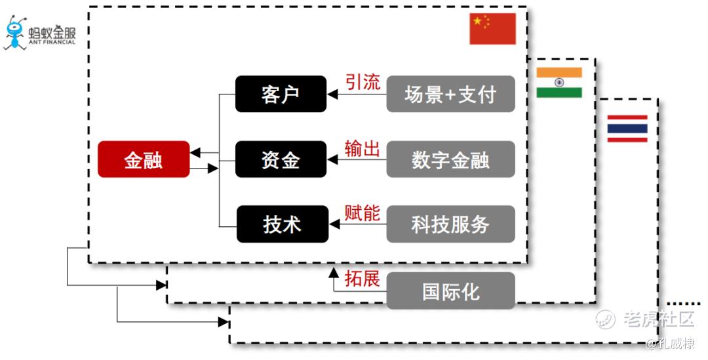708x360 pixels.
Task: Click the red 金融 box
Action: pyautogui.click(x=144, y=159)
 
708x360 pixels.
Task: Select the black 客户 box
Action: pyautogui.click(x=281, y=94)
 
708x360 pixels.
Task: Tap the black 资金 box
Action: pyautogui.click(x=281, y=159)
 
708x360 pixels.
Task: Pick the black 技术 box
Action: pyautogui.click(x=282, y=224)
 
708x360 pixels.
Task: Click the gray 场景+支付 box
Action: pyautogui.click(x=450, y=94)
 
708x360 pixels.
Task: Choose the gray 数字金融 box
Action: pyautogui.click(x=450, y=159)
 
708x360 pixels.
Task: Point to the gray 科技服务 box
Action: pyautogui.click(x=450, y=224)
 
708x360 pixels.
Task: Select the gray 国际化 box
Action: pyautogui.click(x=450, y=290)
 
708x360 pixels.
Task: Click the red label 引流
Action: pyautogui.click(x=363, y=82)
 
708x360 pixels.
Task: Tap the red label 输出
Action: pyautogui.click(x=363, y=148)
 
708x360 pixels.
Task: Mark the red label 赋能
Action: pyautogui.click(x=363, y=213)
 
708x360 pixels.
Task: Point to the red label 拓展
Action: pyautogui.click(x=363, y=278)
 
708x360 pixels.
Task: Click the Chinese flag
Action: pyautogui.click(x=492, y=29)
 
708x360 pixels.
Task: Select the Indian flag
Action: pyautogui.click(x=559, y=82)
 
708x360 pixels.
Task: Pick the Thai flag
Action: pyautogui.click(x=627, y=129)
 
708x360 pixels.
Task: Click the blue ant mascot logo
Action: pyautogui.click(x=15, y=33)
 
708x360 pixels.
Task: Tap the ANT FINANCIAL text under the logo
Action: pyautogui.click(x=52, y=42)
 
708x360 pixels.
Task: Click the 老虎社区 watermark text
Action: pyautogui.click(x=658, y=319)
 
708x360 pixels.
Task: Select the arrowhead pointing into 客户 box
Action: pyautogui.click(x=332, y=94)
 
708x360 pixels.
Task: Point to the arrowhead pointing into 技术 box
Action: pyautogui.click(x=334, y=225)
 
